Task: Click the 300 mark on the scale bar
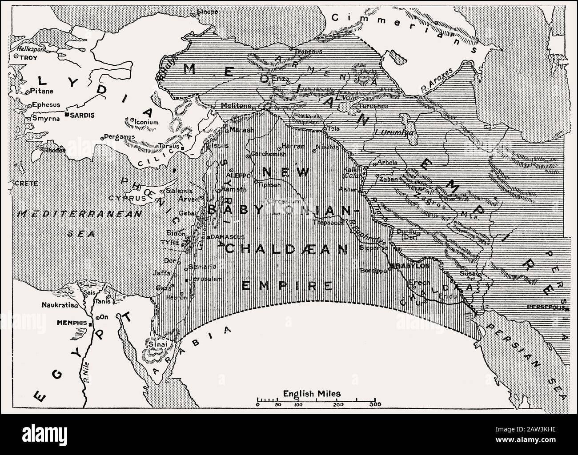374,405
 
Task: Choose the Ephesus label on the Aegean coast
46,106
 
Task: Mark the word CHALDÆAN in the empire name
285,249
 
